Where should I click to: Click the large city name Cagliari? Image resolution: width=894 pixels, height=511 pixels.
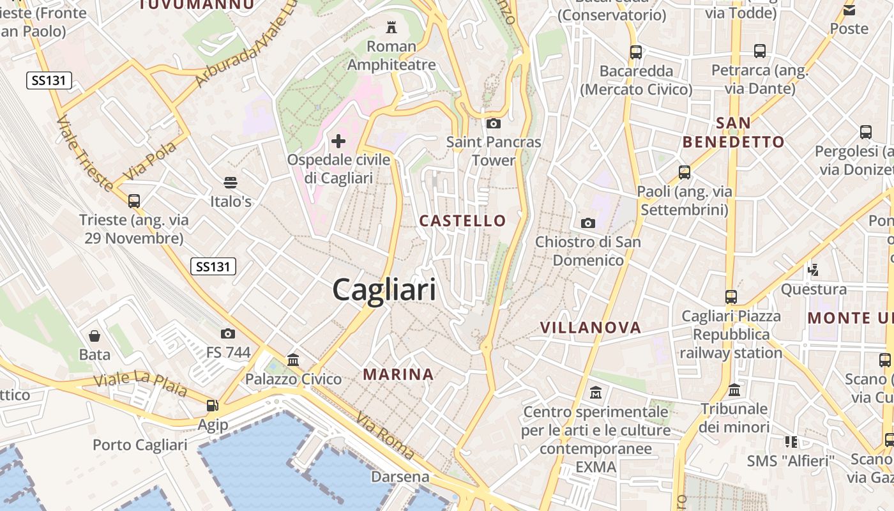pos(384,290)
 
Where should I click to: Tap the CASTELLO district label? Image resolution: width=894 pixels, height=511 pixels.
pos(462,221)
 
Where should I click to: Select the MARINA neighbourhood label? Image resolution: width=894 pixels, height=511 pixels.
pos(398,374)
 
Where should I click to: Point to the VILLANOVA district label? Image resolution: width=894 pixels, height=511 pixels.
pos(590,328)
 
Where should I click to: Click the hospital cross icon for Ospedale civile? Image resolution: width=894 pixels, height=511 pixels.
pos(338,141)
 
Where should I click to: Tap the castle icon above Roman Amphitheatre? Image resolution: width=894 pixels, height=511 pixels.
pos(391,27)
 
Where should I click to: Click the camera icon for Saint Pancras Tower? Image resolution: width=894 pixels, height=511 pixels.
pos(493,123)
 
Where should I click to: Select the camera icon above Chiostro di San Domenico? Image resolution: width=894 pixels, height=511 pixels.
pos(588,223)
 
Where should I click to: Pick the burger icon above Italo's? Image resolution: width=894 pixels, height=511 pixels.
pos(231,183)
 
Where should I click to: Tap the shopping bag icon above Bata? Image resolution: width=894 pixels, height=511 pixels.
pos(95,336)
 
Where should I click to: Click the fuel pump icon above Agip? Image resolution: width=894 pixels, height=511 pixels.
pos(212,406)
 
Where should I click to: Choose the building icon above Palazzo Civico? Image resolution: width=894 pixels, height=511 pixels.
pos(293,360)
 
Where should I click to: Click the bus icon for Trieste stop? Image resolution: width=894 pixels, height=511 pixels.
pos(134,201)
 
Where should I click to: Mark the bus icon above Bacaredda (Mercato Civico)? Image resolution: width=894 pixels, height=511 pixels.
pos(635,52)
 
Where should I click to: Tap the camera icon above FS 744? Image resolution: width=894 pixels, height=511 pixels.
pos(227,333)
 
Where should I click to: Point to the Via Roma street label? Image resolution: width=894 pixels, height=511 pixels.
pos(385,437)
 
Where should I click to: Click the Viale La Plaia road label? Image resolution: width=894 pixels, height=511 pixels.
pos(140,383)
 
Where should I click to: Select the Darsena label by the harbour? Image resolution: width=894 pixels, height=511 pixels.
pos(400,477)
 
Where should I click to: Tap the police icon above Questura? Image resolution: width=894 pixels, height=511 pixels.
pos(814,270)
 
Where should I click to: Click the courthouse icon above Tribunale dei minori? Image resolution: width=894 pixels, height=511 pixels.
pos(734,390)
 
